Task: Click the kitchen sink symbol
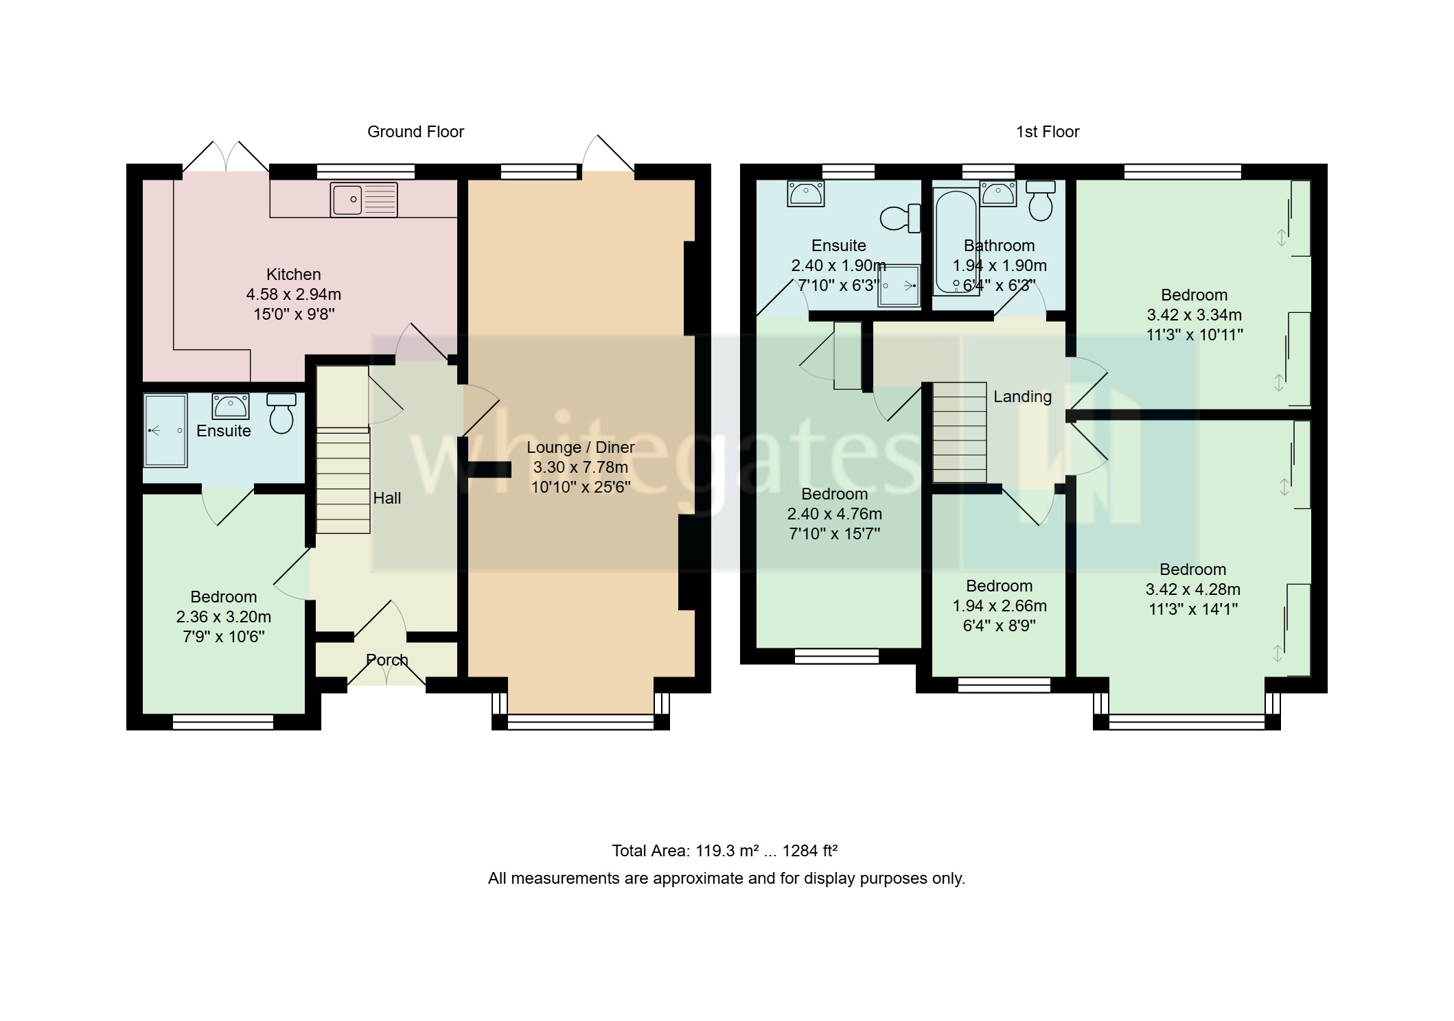[363, 200]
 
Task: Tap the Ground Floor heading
[415, 132]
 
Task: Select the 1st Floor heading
[1047, 132]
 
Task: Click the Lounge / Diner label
[580, 447]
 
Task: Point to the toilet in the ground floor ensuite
[281, 413]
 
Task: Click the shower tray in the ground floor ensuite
[165, 430]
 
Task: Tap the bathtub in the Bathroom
[955, 241]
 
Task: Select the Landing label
[1022, 397]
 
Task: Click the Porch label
[386, 660]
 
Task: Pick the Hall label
[386, 498]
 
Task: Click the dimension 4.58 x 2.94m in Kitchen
[293, 294]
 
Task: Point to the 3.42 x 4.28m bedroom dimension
[1192, 589]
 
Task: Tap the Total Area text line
[724, 851]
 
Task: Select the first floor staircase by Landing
[959, 432]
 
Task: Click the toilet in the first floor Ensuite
[900, 218]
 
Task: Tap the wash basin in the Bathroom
[997, 193]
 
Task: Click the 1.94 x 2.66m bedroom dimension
[999, 606]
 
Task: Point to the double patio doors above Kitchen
[226, 157]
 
